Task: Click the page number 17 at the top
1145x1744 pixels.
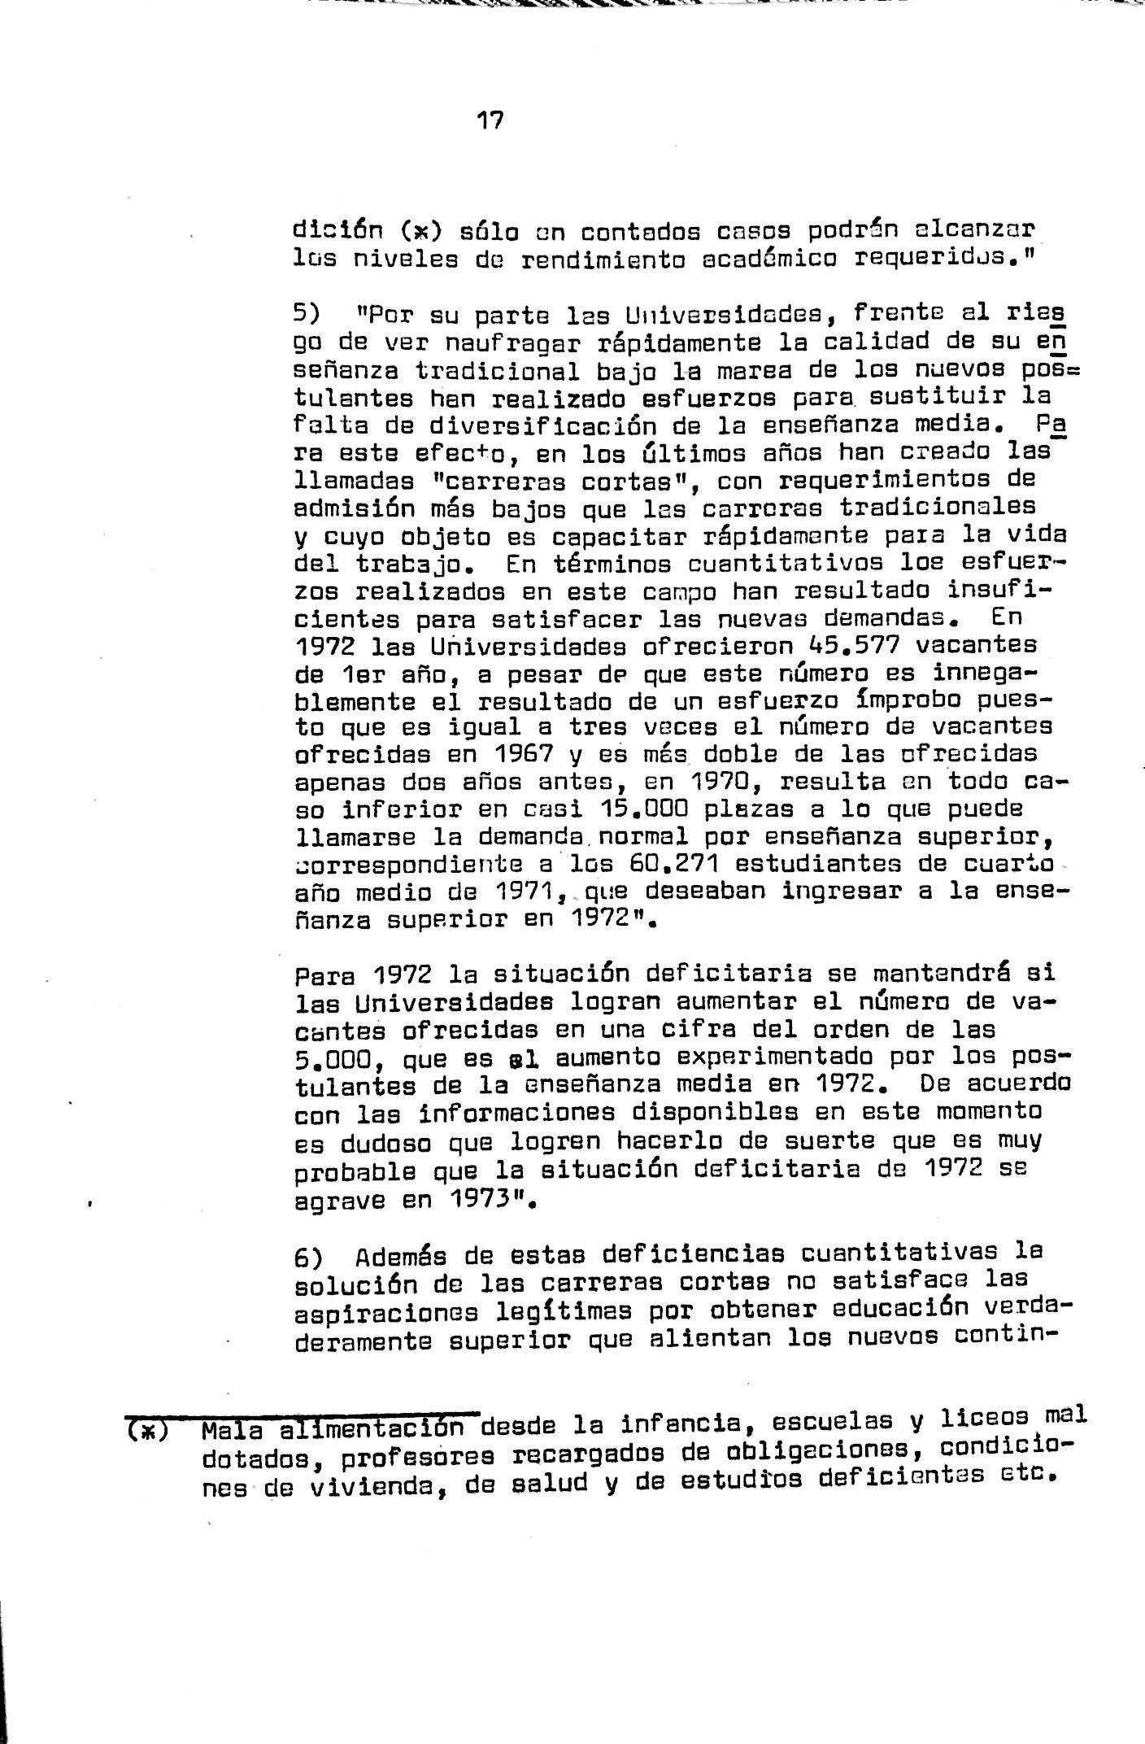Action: (x=490, y=122)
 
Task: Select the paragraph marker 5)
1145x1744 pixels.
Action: (x=308, y=314)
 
